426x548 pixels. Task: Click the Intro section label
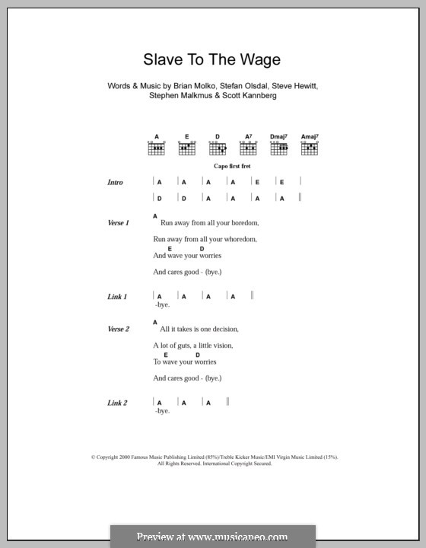coord(116,183)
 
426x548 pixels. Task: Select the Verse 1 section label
coord(119,223)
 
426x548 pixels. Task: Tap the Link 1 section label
coord(117,295)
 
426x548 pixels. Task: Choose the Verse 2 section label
coord(119,329)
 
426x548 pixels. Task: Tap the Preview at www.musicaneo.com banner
coord(213,536)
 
